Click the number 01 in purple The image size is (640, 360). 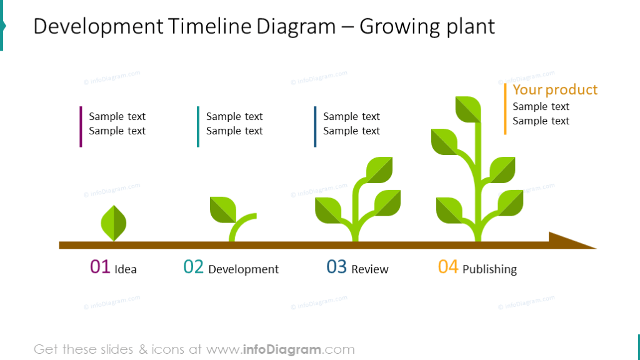100,267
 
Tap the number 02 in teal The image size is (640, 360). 193,267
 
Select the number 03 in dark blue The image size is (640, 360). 336,267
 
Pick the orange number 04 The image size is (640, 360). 448,267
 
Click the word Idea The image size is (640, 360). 126,269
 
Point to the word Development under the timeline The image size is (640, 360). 243,269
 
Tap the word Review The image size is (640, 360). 370,269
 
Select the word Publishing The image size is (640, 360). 489,269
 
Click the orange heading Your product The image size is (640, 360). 555,90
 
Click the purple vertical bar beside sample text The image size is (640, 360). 81,127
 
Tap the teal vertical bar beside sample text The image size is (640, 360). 198,127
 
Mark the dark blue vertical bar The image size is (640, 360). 315,127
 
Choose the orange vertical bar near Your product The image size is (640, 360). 505,109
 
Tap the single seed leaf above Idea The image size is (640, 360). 114,223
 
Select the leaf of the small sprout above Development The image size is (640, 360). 222,209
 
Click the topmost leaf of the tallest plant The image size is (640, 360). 468,109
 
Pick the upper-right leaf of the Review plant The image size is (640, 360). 379,169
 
